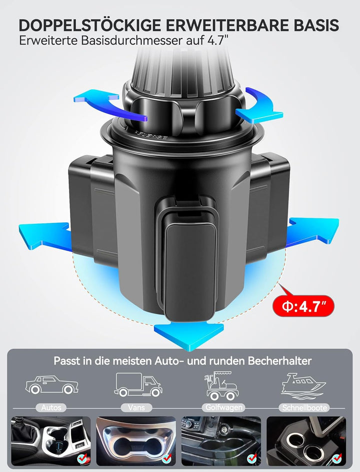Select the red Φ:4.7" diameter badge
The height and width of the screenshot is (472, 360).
click(303, 306)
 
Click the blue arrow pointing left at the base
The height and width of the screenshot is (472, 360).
click(45, 237)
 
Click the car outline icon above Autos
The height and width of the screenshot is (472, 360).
click(52, 385)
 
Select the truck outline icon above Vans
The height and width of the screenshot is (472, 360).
click(138, 385)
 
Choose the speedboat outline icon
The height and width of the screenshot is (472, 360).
click(303, 387)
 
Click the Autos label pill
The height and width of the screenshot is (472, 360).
click(51, 408)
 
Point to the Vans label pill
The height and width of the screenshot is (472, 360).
click(136, 408)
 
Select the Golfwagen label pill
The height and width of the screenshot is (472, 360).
click(223, 408)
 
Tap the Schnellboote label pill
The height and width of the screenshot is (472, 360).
click(304, 408)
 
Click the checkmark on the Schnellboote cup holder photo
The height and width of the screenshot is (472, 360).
click(336, 459)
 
